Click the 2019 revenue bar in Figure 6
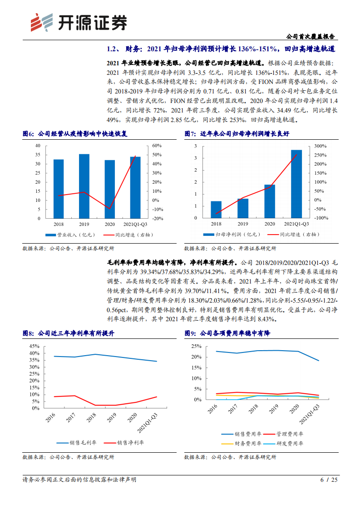click(x=84, y=186)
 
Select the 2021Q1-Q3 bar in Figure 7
click(x=296, y=184)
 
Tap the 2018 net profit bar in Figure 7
click(x=216, y=209)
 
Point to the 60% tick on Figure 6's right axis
click(x=157, y=146)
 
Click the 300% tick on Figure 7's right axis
click(x=320, y=146)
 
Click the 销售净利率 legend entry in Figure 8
click(x=123, y=443)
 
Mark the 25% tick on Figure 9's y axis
click(x=196, y=346)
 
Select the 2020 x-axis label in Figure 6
click(x=109, y=224)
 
